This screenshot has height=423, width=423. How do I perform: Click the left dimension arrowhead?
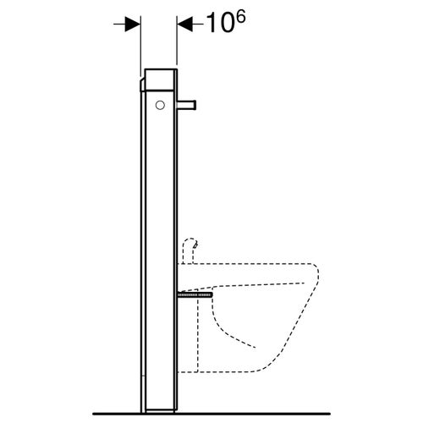[x=134, y=24]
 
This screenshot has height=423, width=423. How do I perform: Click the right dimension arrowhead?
[x=184, y=24]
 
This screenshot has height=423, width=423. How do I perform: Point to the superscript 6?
[x=240, y=15]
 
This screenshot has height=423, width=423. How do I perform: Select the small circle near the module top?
[x=159, y=105]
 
